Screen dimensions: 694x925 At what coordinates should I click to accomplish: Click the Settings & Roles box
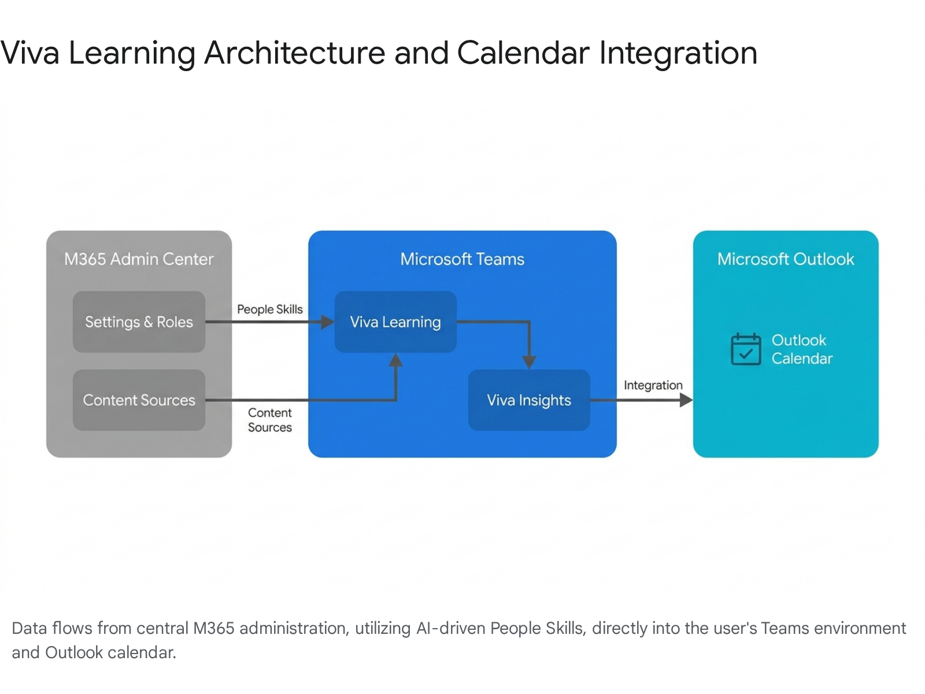point(139,322)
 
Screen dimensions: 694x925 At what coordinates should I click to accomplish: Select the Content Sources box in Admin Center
point(139,400)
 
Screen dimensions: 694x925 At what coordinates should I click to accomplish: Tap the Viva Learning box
point(395,322)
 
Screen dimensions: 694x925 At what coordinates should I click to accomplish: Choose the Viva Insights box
point(529,400)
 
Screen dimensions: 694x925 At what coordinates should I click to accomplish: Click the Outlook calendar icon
point(746,349)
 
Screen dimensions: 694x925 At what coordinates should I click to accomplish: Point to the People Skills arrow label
point(270,309)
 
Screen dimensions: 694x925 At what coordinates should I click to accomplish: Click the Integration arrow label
point(653,385)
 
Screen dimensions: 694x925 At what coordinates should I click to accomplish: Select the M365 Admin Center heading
point(139,259)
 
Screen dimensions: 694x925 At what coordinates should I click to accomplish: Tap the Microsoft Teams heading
point(462,259)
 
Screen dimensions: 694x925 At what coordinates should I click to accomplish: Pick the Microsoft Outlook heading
point(786,259)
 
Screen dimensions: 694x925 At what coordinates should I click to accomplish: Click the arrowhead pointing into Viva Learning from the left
point(327,322)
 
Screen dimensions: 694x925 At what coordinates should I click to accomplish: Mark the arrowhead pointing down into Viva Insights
point(529,362)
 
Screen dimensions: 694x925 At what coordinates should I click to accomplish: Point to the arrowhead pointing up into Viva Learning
point(395,360)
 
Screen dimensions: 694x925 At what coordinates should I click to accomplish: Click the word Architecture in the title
point(295,53)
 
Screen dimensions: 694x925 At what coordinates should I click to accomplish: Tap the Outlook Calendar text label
point(802,349)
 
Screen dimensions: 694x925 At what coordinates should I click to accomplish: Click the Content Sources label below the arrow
point(270,420)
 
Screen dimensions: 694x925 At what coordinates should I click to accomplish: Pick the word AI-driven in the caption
point(450,628)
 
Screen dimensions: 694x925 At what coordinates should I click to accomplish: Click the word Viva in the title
point(30,53)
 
